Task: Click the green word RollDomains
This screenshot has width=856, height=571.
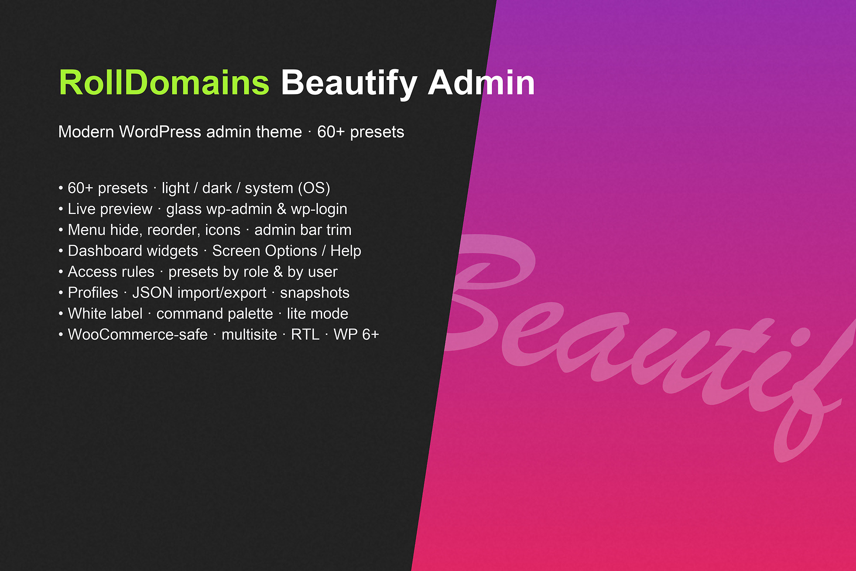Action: pyautogui.click(x=164, y=83)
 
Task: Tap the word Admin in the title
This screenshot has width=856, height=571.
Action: pyautogui.click(x=481, y=83)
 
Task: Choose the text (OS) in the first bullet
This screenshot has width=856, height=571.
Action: pyautogui.click(x=314, y=188)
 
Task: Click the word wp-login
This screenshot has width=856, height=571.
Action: pyautogui.click(x=319, y=209)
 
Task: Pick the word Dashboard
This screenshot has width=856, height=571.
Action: pyautogui.click(x=101, y=251)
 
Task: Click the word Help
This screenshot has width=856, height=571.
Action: pyautogui.click(x=346, y=251)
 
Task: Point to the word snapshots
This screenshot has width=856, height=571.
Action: pyautogui.click(x=315, y=293)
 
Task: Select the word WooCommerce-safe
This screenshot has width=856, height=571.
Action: pyautogui.click(x=138, y=334)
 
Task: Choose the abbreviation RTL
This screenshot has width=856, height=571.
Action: pyautogui.click(x=305, y=334)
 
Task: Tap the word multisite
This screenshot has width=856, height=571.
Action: pyautogui.click(x=249, y=334)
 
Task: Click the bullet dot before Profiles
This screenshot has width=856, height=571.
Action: pyautogui.click(x=61, y=293)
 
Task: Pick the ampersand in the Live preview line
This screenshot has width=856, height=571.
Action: pyautogui.click(x=281, y=209)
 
